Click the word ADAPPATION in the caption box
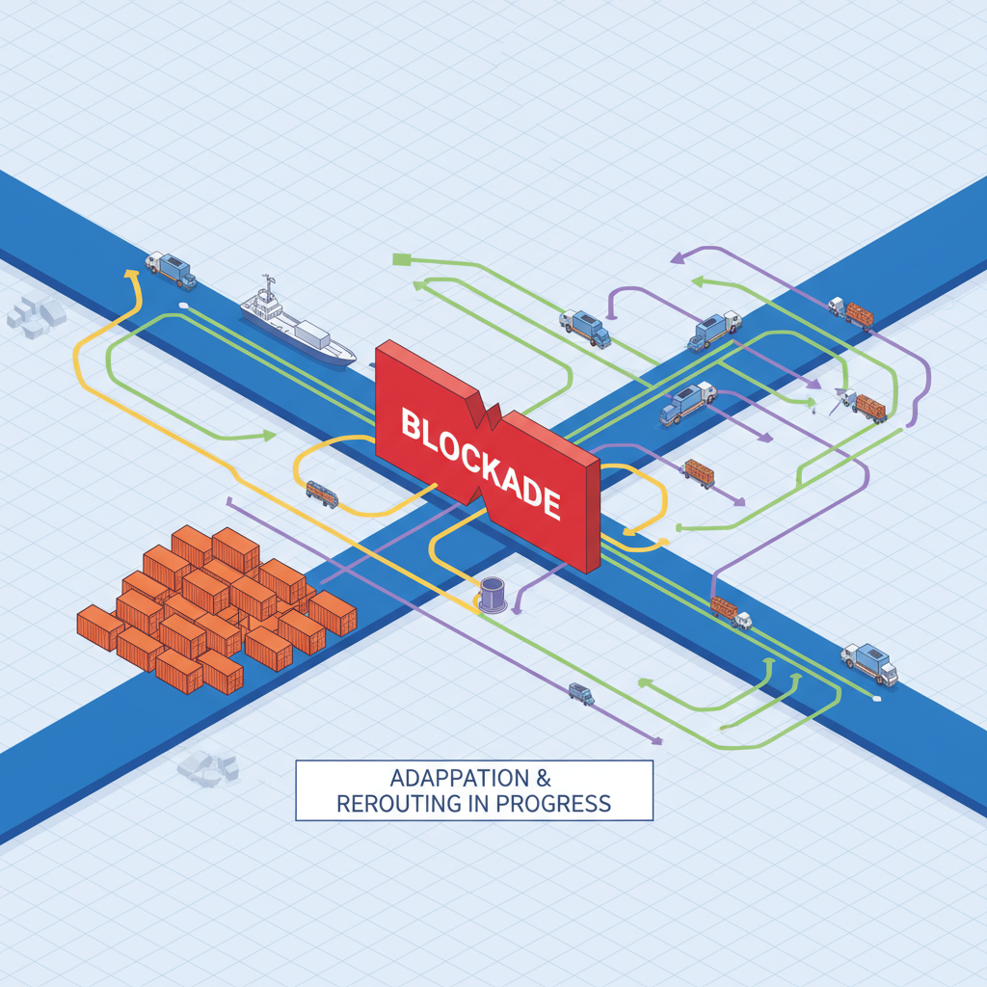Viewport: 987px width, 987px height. (445, 778)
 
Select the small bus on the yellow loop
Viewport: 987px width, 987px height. (322, 493)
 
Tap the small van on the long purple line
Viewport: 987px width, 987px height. (580, 692)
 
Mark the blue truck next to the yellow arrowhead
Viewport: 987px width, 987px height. (171, 269)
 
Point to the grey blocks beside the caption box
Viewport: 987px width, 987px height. (207, 767)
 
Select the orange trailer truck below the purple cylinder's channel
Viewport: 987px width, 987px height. (730, 611)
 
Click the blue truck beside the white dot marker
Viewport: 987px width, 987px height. (868, 662)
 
